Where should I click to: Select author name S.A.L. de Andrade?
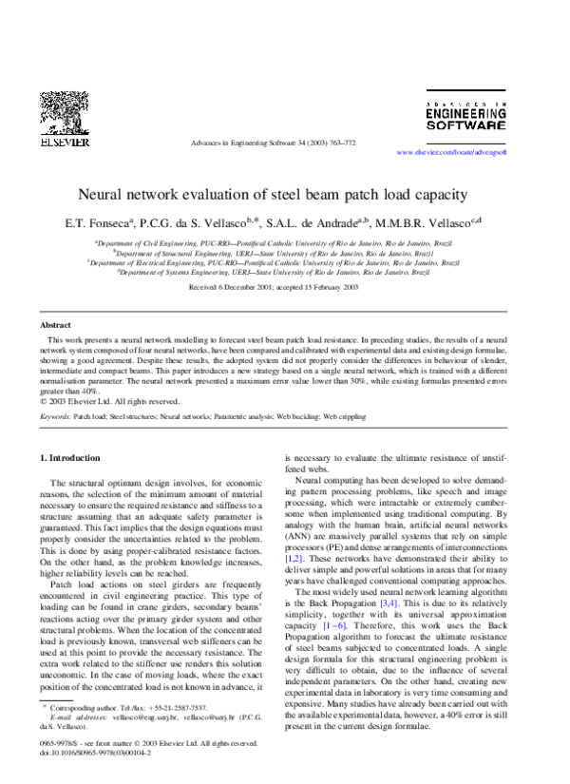click(316, 224)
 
